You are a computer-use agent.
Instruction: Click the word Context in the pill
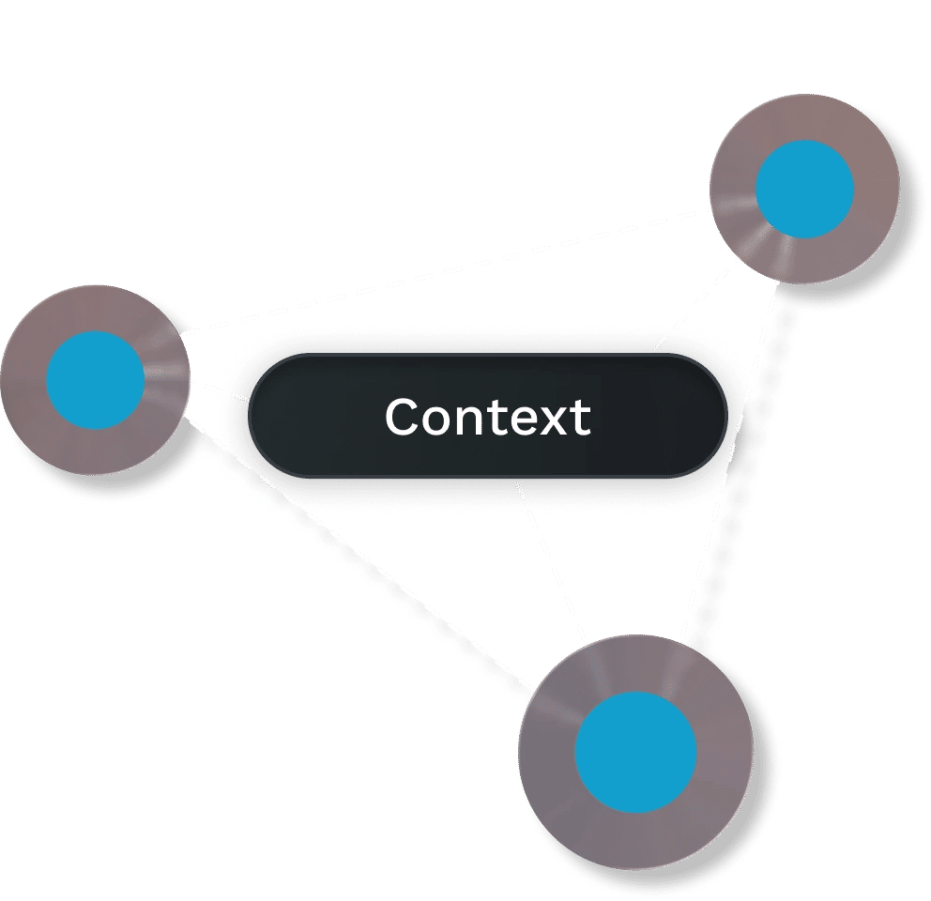click(487, 417)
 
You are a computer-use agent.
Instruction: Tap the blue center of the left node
click(97, 380)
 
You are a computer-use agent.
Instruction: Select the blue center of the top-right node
click(805, 189)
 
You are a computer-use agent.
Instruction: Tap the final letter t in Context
click(581, 418)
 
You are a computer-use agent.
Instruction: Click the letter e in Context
click(519, 420)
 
